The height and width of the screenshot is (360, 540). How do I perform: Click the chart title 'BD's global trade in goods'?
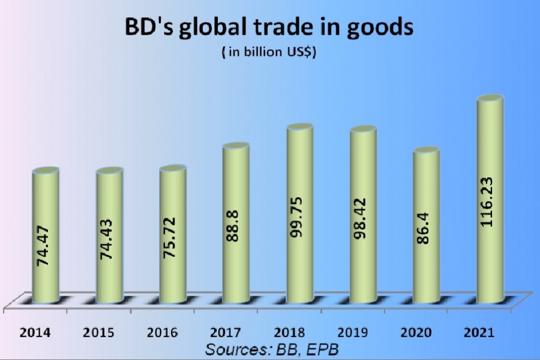click(270, 28)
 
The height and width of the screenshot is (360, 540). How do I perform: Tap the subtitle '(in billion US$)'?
click(269, 53)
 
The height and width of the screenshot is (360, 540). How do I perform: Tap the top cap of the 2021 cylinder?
click(490, 99)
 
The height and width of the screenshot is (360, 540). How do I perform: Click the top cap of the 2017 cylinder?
click(236, 147)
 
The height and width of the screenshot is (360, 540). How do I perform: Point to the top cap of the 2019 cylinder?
click(363, 130)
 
